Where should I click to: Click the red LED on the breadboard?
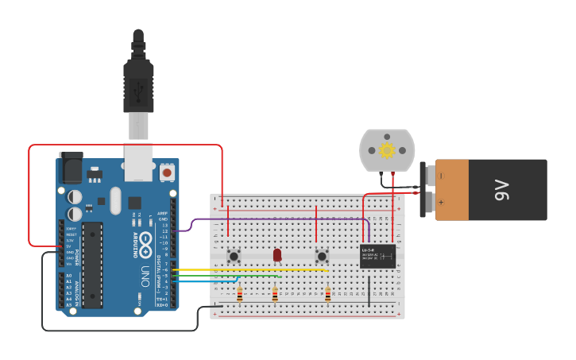pos(277,254)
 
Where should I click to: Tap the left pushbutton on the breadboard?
pos(234,256)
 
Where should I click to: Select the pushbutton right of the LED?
pos(322,256)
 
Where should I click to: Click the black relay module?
pos(377,256)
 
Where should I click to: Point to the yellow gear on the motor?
pos(387,150)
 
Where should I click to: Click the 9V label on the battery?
pos(501,190)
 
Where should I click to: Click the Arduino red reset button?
pos(167,171)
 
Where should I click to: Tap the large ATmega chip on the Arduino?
pos(92,265)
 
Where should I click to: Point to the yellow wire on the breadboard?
pos(254,269)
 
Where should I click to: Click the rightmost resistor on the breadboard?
pos(327,294)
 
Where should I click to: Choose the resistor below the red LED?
pos(275,294)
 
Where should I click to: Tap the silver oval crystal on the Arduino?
pos(116,200)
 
